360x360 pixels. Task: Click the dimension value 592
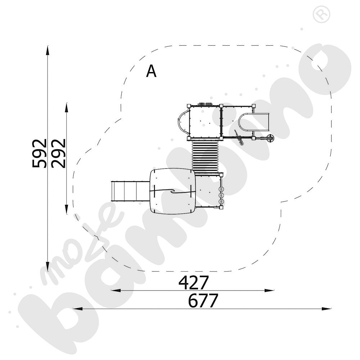39,153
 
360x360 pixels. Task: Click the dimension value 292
58,153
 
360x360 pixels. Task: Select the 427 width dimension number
194,283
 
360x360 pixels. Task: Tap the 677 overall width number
203,301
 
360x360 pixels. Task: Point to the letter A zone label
151,71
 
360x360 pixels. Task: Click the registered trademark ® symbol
321,14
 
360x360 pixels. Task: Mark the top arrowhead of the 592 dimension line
48,50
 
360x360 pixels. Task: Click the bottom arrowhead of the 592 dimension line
48,266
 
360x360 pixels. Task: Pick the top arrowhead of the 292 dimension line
67,107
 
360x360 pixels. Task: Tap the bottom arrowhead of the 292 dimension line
67,209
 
